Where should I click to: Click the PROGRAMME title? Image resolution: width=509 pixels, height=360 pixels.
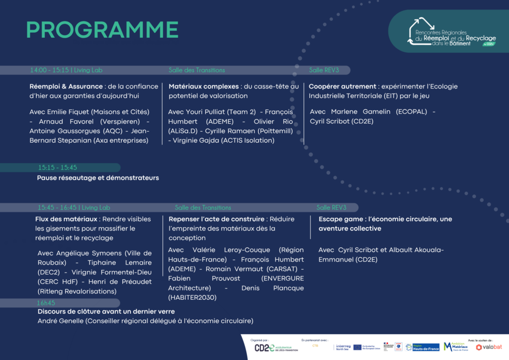pos(102,30)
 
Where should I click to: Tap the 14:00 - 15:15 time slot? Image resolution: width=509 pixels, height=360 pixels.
pos(49,70)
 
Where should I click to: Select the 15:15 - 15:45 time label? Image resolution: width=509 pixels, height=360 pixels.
pos(58,168)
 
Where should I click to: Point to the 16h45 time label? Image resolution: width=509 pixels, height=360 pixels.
pos(46,303)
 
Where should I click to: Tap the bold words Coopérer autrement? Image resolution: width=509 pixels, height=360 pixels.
pos(343,87)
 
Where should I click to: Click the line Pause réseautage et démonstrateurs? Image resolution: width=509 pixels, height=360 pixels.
pos(98,178)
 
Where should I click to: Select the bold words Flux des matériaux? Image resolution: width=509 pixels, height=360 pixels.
pos(67,219)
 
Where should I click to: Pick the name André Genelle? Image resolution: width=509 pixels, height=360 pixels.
pos(61,321)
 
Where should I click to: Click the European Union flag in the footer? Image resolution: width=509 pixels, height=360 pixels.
pos(357,347)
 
